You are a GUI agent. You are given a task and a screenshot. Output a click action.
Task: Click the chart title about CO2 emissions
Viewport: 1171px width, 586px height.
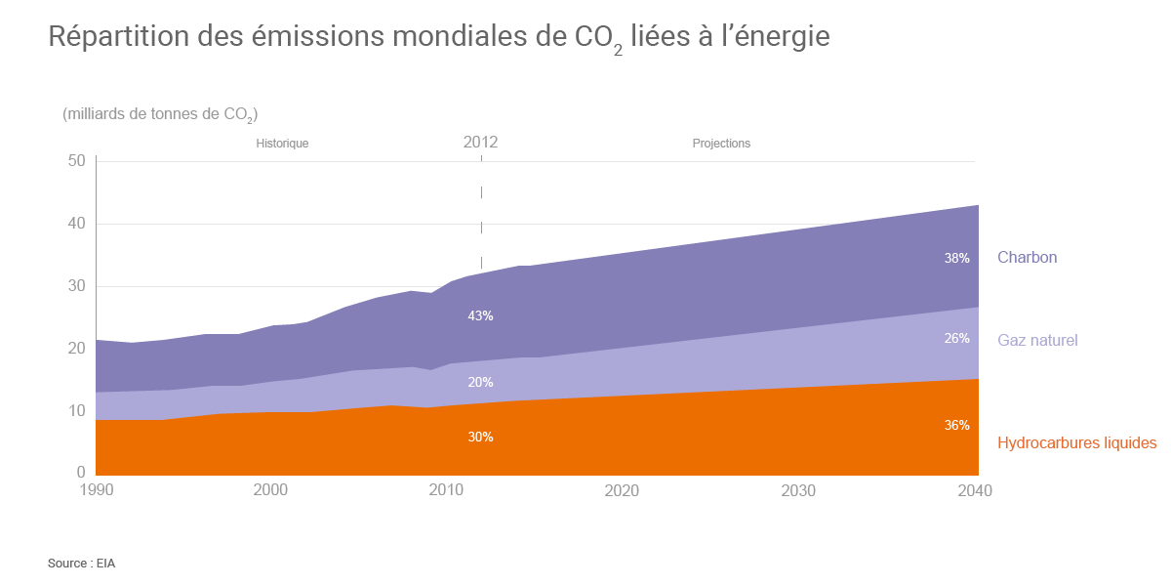coord(438,37)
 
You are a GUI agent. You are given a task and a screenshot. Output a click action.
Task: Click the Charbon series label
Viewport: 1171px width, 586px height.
coord(1027,258)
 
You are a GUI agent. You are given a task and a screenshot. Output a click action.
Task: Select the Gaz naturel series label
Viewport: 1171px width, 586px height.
coord(1037,340)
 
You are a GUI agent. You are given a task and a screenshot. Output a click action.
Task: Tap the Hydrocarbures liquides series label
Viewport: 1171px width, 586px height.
coord(1076,442)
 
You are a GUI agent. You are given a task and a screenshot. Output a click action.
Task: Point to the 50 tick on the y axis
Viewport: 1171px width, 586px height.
coord(76,161)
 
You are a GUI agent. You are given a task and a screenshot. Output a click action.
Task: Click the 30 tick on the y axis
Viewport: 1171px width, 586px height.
coord(76,286)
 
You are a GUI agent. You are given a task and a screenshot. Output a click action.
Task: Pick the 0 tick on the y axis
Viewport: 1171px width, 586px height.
coord(81,474)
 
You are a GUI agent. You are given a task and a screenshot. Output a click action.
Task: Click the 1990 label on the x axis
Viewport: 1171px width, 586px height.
coord(96,490)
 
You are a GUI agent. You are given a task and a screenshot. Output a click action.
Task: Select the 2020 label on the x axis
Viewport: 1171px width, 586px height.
coord(622,490)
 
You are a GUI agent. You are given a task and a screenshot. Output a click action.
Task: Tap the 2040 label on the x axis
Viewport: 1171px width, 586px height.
coord(974,490)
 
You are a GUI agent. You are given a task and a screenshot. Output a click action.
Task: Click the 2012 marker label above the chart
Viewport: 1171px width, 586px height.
coord(480,143)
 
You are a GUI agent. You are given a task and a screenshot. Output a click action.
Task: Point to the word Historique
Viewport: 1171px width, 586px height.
coord(282,144)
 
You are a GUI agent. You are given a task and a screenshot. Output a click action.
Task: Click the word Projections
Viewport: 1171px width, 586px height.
coord(721,144)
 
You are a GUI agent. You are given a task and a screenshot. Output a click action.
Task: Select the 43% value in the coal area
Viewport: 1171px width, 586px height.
coord(480,316)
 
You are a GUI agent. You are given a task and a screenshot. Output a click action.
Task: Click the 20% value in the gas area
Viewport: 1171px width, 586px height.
coord(480,382)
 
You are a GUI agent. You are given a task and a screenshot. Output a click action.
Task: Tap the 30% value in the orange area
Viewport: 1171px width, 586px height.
coord(480,437)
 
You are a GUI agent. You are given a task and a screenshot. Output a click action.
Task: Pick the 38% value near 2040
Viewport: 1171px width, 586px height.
coord(956,259)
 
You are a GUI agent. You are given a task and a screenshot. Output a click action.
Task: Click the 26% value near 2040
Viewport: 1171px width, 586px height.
coord(956,339)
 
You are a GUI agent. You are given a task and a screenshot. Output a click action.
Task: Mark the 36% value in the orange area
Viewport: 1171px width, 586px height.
coord(956,426)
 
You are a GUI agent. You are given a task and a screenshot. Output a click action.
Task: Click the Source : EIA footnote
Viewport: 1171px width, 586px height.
coord(81,564)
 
